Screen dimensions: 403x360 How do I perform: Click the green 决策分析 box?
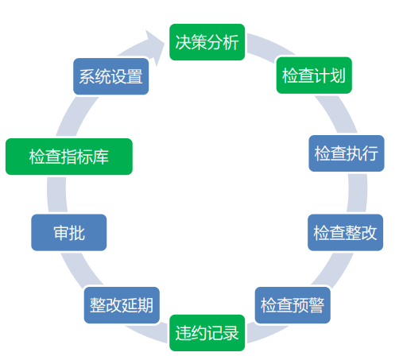click(x=207, y=42)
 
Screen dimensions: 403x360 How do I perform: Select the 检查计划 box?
click(x=314, y=75)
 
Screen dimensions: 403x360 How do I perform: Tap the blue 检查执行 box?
click(x=347, y=153)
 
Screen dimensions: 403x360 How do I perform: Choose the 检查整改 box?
click(x=345, y=232)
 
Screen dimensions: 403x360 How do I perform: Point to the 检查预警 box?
click(x=293, y=305)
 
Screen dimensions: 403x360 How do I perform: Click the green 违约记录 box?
click(x=207, y=333)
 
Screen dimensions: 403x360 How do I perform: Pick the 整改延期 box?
click(x=122, y=305)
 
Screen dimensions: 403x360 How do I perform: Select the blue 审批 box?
click(x=69, y=232)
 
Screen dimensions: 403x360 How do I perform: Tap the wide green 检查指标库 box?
click(x=69, y=157)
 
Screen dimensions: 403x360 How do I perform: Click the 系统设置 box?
click(x=110, y=76)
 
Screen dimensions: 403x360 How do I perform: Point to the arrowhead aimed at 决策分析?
click(x=156, y=46)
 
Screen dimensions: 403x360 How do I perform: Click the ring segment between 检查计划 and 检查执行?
click(x=337, y=114)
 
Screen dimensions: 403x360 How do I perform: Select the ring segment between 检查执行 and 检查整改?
click(x=358, y=193)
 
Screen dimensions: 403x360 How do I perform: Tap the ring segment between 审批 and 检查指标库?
click(x=57, y=195)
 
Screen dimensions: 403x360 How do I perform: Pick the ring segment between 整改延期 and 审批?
click(x=81, y=269)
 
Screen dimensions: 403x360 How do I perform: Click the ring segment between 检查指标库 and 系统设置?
click(x=77, y=117)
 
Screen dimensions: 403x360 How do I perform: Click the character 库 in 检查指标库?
click(x=100, y=157)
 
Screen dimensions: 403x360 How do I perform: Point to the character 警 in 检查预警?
click(x=316, y=305)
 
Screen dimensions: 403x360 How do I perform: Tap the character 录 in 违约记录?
click(x=231, y=333)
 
